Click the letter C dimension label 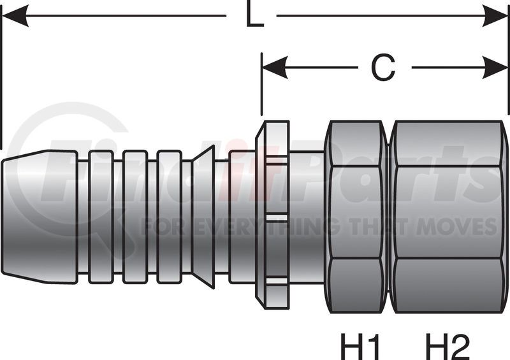[383, 68]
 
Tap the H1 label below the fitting [360, 346]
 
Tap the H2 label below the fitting [448, 346]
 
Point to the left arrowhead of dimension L [15, 15]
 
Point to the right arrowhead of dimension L [495, 15]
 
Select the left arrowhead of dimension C [275, 68]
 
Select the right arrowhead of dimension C [495, 68]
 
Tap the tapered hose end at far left [40, 217]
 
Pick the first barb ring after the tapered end [101, 217]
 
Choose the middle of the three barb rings [135, 217]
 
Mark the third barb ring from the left [169, 217]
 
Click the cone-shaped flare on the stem [203, 217]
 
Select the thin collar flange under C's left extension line [273, 214]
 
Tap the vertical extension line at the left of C [261, 84]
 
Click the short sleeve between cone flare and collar [242, 217]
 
